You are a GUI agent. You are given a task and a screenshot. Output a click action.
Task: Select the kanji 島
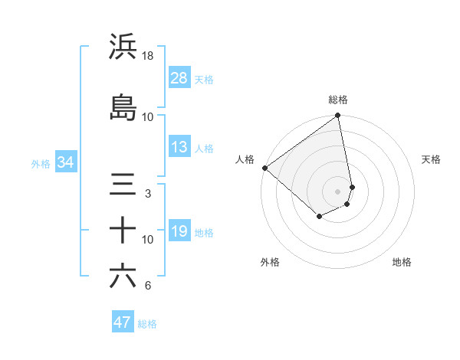(123, 108)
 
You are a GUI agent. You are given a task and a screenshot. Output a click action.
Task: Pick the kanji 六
(123, 276)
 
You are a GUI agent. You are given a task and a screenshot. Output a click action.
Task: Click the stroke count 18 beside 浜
(148, 56)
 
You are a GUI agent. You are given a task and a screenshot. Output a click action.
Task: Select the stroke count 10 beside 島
(148, 117)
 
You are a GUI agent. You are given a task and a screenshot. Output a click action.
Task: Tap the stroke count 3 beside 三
(148, 194)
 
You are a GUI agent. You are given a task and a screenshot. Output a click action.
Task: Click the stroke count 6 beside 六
(148, 286)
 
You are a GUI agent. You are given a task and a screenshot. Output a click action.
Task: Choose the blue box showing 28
(179, 77)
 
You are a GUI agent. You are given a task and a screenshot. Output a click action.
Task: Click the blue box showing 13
(179, 147)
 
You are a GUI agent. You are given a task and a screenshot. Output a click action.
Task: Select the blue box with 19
(179, 231)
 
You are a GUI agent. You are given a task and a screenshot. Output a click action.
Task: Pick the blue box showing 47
(123, 322)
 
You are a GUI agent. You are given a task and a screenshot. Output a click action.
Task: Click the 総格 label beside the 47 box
(147, 324)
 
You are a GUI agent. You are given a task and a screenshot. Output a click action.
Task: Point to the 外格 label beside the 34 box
(40, 163)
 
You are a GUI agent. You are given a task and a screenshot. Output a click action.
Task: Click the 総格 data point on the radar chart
(337, 116)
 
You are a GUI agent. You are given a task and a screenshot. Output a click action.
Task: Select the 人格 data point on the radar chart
(264, 168)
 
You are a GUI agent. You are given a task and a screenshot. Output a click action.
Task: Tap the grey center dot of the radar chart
(337, 191)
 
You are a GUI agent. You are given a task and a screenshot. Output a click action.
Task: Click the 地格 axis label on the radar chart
(402, 263)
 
